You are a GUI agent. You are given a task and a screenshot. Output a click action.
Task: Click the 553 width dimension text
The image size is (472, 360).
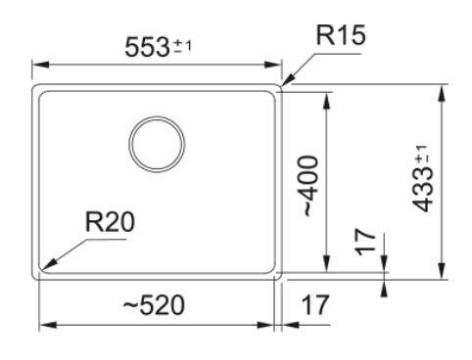(147, 47)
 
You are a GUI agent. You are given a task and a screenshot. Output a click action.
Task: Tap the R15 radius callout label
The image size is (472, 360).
(341, 35)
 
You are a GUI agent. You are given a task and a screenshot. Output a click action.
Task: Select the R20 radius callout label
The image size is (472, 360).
(110, 222)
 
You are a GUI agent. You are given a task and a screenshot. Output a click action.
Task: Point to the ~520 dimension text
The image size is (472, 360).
(154, 305)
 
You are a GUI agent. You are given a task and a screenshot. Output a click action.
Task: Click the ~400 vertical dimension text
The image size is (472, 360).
(309, 186)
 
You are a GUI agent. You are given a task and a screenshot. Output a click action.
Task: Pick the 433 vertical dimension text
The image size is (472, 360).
(423, 190)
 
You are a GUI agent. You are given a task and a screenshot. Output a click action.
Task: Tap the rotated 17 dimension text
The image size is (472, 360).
(365, 242)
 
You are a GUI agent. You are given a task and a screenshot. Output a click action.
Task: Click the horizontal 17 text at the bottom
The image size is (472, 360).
(315, 305)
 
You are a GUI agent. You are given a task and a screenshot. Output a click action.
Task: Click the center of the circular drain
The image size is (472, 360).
(157, 144)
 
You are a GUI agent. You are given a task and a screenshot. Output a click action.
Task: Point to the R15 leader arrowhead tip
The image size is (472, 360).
(282, 85)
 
